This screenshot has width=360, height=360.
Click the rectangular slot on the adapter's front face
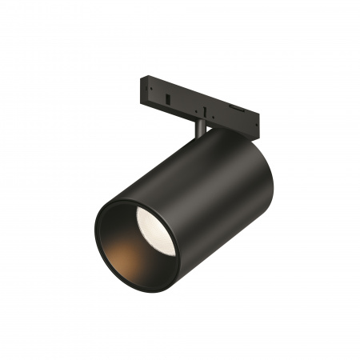tap(171, 96)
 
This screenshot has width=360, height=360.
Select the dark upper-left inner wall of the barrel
tap(120, 220)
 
